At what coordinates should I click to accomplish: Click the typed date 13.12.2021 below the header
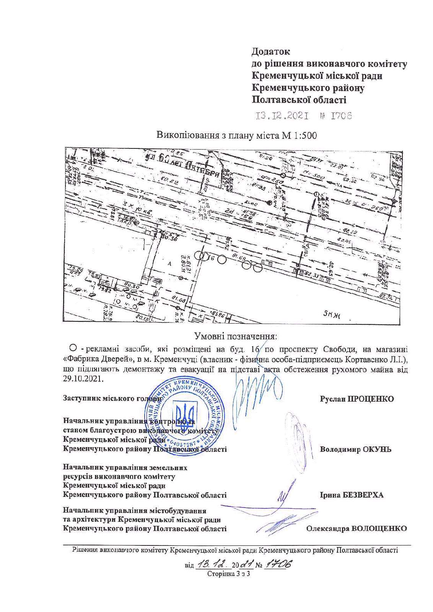pyautogui.click(x=283, y=116)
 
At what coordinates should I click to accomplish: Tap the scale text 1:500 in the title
pyautogui.click(x=305, y=135)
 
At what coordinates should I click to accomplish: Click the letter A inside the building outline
pyautogui.click(x=169, y=263)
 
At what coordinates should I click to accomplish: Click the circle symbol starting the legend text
pyautogui.click(x=73, y=348)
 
